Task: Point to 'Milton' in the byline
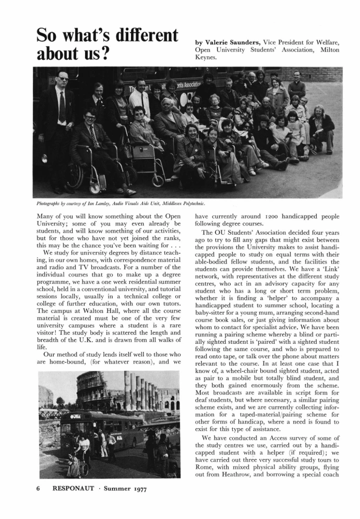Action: pos(327,50)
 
